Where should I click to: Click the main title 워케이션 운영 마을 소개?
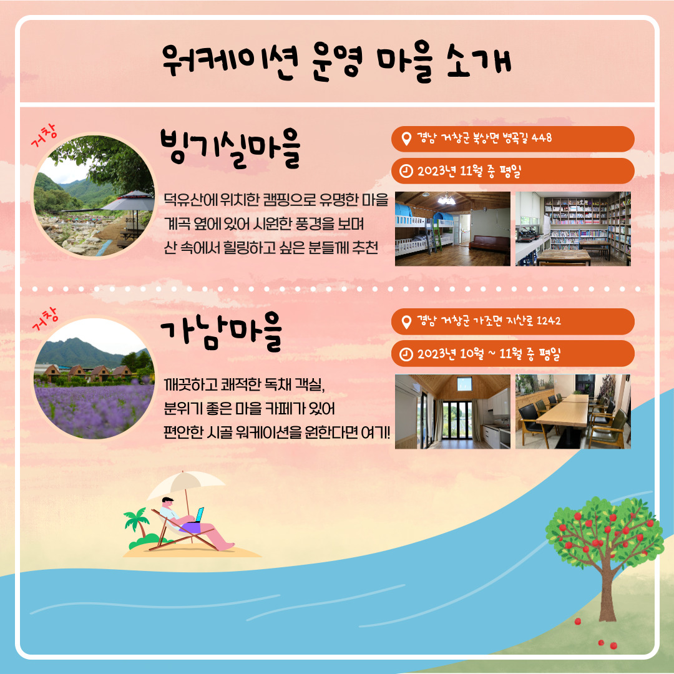pos(336,61)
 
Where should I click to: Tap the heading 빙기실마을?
pos(230,149)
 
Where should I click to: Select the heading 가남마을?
pos(222,331)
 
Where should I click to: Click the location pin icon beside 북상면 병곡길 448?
pos(406,139)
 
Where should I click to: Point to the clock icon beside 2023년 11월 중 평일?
pos(406,171)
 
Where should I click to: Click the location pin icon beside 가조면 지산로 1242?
pos(406,321)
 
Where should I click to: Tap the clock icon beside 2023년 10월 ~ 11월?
pos(406,354)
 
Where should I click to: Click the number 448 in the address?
pos(542,138)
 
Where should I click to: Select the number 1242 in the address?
pos(549,321)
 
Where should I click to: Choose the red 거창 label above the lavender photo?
pos(45,320)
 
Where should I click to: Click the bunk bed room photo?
pos(452,228)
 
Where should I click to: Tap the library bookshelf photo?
pos(573,228)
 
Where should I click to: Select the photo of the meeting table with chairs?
pos(573,411)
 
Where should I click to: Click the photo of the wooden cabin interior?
pos(452,411)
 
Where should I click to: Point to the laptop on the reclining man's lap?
pos(198,515)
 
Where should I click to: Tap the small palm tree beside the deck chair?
pos(137,522)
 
